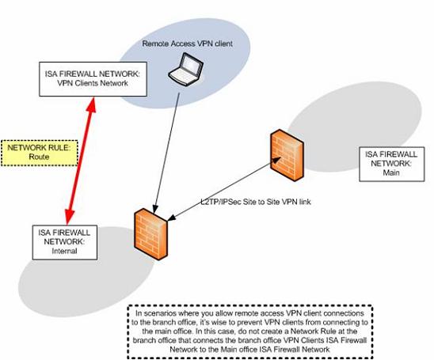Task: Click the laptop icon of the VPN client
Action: coord(186,69)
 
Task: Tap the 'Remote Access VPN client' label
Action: coord(187,44)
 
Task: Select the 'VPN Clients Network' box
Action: coord(93,79)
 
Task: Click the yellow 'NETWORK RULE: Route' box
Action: coord(40,153)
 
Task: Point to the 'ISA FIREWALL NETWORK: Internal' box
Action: coord(64,242)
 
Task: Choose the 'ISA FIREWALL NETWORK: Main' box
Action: coord(392,164)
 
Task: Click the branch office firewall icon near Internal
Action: coord(150,234)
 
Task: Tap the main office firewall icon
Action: coord(287,155)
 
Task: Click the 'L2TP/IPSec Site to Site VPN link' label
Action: coord(256,202)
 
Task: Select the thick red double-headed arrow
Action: coord(81,161)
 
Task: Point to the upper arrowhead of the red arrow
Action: coord(92,104)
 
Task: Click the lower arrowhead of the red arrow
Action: coord(69,217)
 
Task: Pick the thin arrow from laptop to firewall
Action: coord(167,153)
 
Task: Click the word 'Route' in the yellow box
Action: coord(39,157)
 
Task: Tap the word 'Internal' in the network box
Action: coord(64,251)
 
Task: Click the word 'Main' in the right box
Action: coord(391,172)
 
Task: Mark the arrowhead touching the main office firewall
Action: coord(276,160)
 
